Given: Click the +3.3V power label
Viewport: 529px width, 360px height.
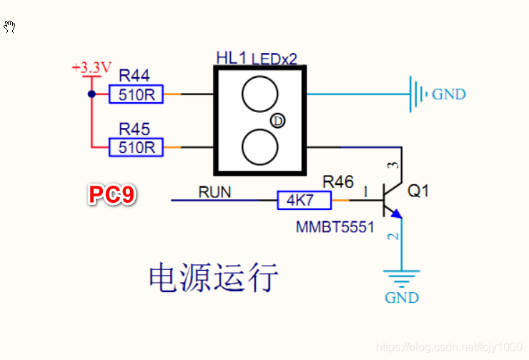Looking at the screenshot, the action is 92,67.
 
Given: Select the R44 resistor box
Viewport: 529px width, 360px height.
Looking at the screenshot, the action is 136,94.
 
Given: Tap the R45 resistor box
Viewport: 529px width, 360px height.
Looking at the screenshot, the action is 136,147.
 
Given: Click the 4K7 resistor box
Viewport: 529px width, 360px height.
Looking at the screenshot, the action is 305,200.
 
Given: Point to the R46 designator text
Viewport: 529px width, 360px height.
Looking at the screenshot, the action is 338,182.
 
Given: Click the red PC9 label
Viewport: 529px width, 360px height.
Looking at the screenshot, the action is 112,194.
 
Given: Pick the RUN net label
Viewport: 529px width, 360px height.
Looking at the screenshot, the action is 214,192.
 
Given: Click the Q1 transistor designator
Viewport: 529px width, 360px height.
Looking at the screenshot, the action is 418,191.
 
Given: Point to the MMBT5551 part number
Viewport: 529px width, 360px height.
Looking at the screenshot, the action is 335,227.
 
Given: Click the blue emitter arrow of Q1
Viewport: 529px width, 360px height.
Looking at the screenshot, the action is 396,214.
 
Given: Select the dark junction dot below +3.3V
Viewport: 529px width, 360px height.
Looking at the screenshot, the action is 92,94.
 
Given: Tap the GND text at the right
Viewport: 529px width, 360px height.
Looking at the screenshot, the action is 449,94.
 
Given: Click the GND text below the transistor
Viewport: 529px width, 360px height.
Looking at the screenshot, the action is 402,298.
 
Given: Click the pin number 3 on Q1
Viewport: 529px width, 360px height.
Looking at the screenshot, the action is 393,165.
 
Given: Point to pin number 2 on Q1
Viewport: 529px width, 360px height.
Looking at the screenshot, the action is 393,236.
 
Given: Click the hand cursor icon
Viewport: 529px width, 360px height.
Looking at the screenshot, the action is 9,26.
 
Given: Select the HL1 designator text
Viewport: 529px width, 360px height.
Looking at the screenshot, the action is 231,58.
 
